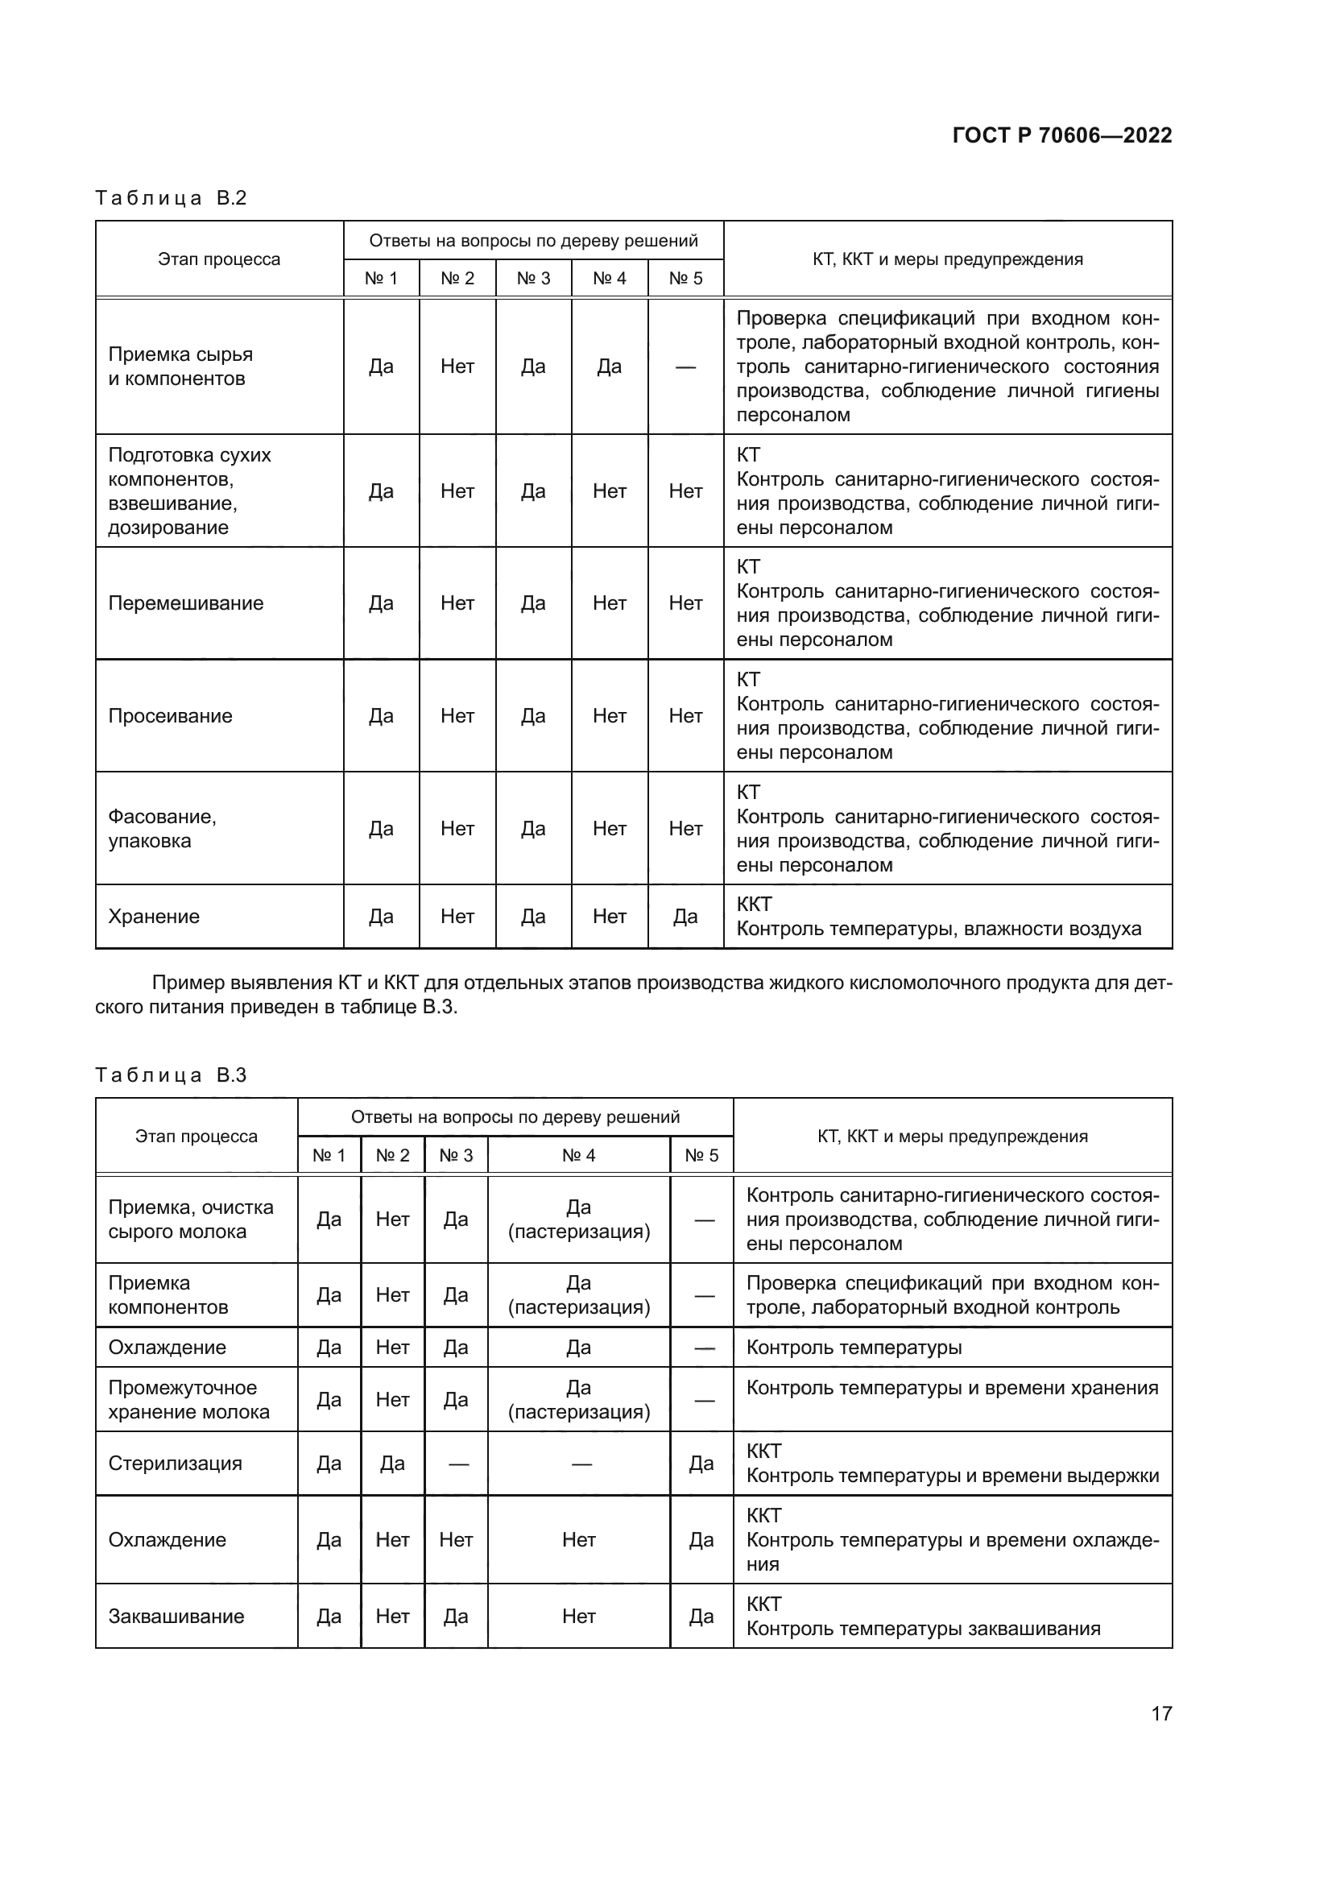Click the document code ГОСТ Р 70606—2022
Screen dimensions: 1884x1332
point(1061,135)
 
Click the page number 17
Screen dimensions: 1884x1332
point(1160,1713)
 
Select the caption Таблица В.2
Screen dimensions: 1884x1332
point(171,198)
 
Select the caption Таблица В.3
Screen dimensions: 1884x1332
point(171,1075)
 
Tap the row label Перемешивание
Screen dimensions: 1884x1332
point(186,603)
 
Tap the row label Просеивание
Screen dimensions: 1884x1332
point(171,715)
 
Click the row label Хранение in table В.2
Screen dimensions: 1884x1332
point(154,917)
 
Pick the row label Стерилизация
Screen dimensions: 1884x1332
point(176,1463)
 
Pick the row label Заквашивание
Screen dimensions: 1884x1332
point(176,1616)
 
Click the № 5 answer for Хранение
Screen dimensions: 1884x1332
point(685,917)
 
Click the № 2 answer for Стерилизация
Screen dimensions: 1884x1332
point(392,1463)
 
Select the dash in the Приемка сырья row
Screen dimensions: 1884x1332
point(685,366)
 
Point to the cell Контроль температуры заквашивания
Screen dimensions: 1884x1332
point(923,1629)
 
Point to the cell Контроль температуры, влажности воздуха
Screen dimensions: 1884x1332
point(938,929)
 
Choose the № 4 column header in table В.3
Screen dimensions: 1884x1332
point(578,1155)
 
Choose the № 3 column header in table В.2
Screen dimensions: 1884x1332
point(533,278)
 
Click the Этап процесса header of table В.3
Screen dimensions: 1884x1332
point(196,1137)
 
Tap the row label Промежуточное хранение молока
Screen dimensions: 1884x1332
point(188,1400)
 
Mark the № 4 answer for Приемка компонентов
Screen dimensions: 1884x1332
point(578,1295)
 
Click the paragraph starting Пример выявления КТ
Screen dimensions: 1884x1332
point(633,995)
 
